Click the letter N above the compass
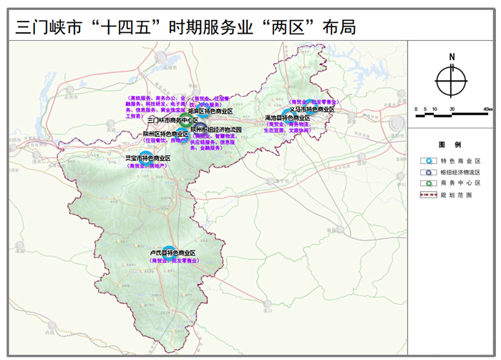click(x=452, y=57)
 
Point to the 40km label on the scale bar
click(x=487, y=109)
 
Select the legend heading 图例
click(x=452, y=144)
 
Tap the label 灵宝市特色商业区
click(x=148, y=157)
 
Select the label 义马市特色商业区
click(x=312, y=110)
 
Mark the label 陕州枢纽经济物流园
click(x=217, y=129)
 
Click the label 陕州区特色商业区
click(x=165, y=134)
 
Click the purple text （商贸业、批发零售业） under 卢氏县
click(x=175, y=261)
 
